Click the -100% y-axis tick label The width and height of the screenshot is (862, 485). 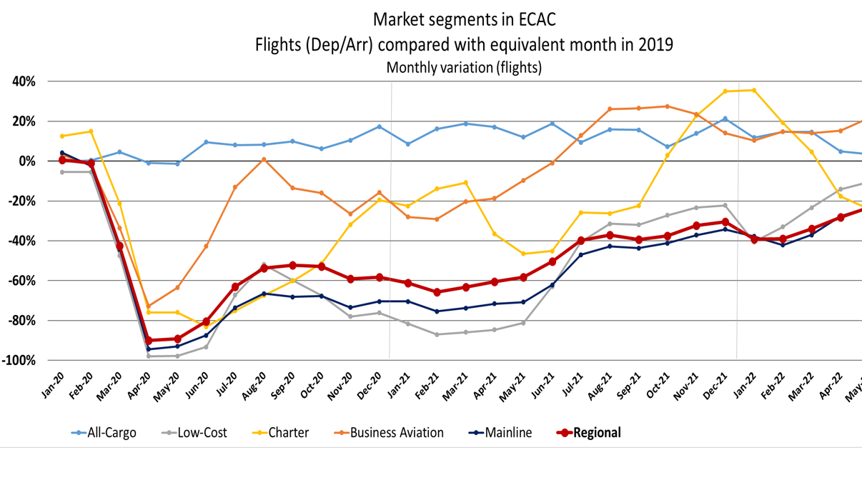pyautogui.click(x=19, y=360)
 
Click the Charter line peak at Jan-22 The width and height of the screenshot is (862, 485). pyautogui.click(x=753, y=90)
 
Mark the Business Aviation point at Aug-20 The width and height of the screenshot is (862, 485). pyautogui.click(x=264, y=159)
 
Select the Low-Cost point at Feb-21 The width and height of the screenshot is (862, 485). pyautogui.click(x=437, y=334)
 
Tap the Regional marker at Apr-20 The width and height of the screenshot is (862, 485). pyautogui.click(x=149, y=341)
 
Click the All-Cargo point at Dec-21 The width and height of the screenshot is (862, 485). pyautogui.click(x=725, y=119)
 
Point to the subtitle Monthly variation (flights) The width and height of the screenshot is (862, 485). pyautogui.click(x=463, y=68)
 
